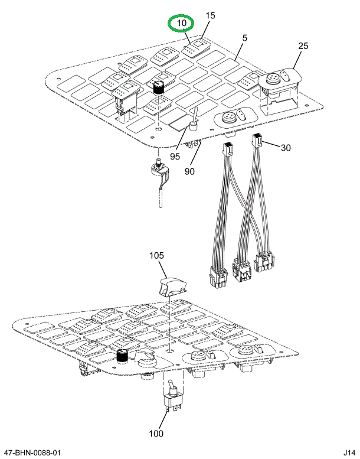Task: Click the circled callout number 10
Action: (181, 24)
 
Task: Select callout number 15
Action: (211, 15)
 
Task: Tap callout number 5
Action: (244, 38)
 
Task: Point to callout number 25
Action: (303, 45)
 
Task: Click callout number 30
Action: (286, 148)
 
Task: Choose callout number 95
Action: (175, 157)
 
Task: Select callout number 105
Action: (156, 256)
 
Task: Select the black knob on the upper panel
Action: (158, 87)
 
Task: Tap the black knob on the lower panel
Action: (122, 357)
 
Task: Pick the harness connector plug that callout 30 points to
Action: (258, 141)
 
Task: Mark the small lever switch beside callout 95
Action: (192, 121)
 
